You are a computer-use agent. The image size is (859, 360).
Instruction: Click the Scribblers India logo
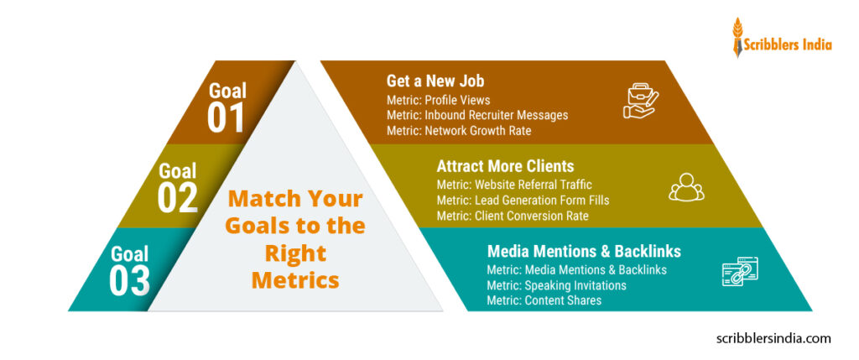point(781,38)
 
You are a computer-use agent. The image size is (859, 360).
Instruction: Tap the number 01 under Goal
point(226,117)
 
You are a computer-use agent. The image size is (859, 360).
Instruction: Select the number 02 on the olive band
point(177,197)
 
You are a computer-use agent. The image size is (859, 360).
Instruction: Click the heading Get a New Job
point(435,81)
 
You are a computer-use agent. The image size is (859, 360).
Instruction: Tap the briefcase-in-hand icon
point(642,100)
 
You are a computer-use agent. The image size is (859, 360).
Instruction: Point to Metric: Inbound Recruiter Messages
point(477,115)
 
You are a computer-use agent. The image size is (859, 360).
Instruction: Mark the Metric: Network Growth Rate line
point(459,130)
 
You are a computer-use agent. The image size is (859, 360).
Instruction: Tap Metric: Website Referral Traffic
point(514,185)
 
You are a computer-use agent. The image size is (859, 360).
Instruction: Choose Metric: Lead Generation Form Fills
point(523,200)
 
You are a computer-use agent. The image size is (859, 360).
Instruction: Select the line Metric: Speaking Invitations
point(556,284)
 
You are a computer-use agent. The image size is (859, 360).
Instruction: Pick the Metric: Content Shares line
point(544,300)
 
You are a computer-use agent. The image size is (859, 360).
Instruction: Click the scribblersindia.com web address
point(774,338)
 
